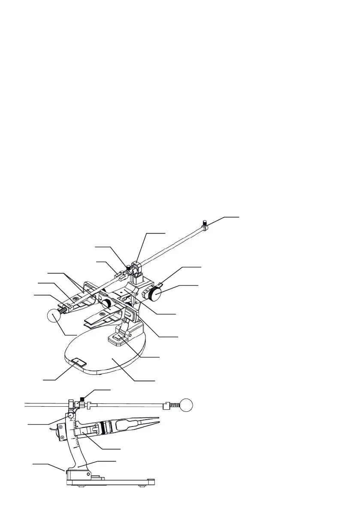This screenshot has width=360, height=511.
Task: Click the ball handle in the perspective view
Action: coord(53,315)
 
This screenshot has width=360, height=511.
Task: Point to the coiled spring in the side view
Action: coord(173,405)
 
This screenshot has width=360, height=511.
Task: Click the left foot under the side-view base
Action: coord(81,486)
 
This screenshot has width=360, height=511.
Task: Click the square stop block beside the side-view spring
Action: coord(165,404)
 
